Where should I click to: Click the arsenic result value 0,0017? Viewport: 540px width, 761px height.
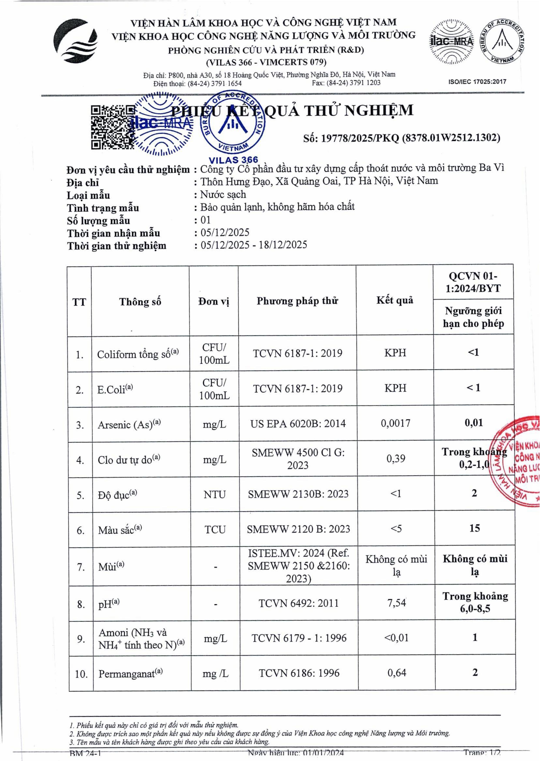pos(395,423)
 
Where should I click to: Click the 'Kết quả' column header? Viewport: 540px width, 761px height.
pos(395,300)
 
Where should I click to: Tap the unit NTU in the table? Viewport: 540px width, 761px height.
pos(215,494)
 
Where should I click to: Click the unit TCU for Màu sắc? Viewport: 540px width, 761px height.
pos(215,529)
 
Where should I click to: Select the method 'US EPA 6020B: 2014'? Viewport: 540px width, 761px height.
pos(298,423)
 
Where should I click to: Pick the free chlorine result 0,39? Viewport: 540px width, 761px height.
pos(396,458)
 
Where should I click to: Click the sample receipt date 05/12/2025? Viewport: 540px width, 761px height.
pos(225,232)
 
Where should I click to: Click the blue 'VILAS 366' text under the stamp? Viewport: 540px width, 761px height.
pos(233,160)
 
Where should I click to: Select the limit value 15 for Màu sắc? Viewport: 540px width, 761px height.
pos(475,528)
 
